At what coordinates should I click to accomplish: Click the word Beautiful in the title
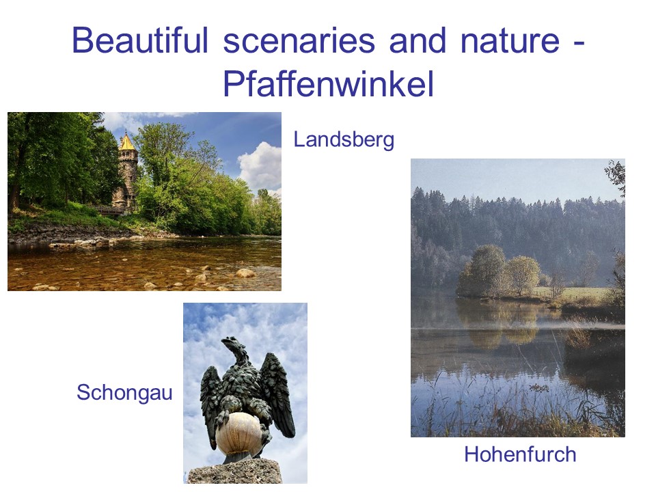(140, 40)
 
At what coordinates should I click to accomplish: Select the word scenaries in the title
(299, 40)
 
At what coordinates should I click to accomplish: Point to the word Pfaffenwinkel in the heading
(329, 83)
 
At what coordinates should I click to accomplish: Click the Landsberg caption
(344, 140)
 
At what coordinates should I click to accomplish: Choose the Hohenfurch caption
(520, 454)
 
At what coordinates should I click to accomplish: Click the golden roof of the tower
(127, 142)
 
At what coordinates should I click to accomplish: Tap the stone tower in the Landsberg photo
(126, 172)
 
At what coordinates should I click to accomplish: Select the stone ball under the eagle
(239, 433)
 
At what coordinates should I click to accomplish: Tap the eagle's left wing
(211, 398)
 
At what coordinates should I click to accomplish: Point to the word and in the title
(418, 40)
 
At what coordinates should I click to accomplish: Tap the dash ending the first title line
(579, 44)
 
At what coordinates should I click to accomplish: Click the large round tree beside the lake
(485, 271)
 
